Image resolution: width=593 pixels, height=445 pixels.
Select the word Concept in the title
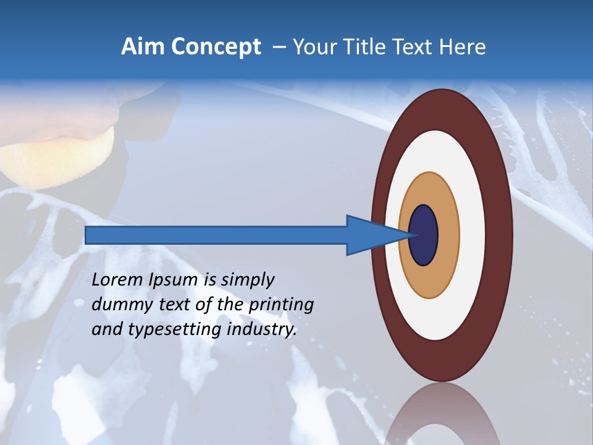216,47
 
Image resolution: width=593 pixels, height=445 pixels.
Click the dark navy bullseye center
423,235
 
